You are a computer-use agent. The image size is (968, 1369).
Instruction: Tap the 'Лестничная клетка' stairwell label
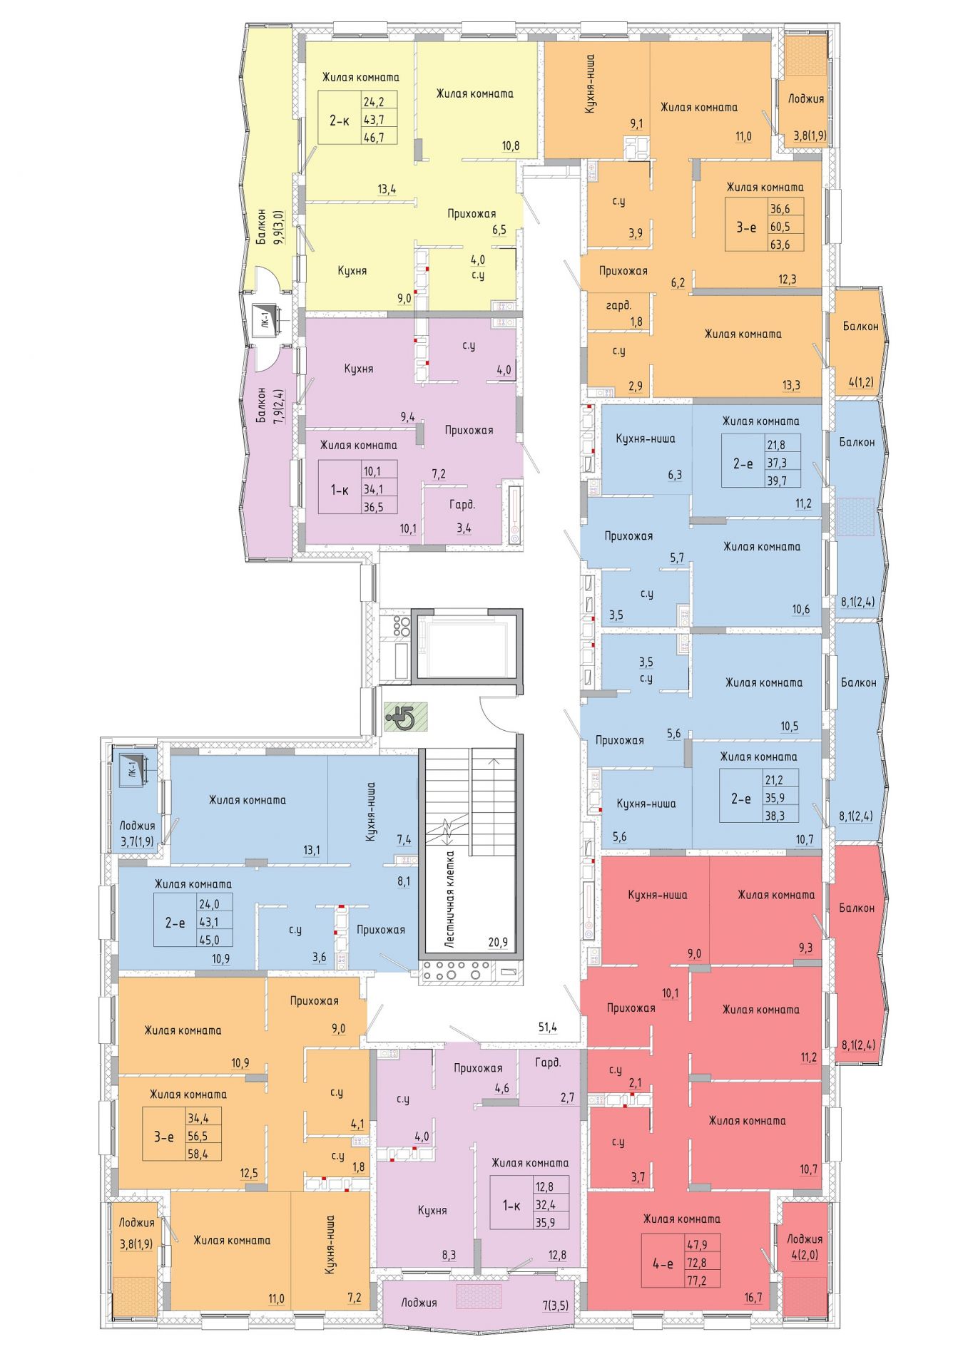[449, 899]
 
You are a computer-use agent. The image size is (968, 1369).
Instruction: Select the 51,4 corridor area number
[547, 1027]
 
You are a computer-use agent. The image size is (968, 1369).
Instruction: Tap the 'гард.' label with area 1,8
[618, 305]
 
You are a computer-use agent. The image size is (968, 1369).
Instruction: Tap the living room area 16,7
[753, 1297]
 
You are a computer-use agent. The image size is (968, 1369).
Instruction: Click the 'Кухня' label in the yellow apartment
[352, 271]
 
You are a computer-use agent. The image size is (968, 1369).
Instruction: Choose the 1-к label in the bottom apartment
[511, 1205]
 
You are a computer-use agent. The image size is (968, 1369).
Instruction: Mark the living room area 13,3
[791, 386]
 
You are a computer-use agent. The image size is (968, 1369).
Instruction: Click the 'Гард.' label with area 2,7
[548, 1062]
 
